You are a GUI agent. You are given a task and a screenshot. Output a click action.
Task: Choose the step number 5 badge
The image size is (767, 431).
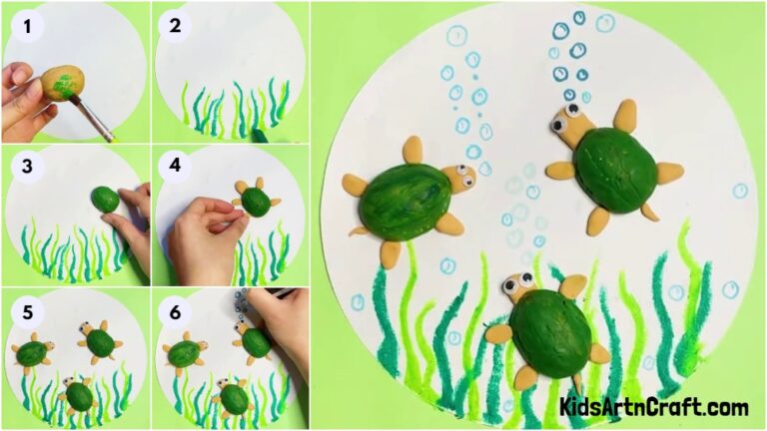click(x=28, y=309)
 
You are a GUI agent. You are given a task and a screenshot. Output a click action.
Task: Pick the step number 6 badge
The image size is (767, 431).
click(x=176, y=309)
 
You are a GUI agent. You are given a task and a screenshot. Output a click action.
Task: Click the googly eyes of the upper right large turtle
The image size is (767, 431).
click(x=573, y=112)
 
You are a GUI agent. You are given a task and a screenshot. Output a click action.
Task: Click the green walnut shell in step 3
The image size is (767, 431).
click(x=105, y=199)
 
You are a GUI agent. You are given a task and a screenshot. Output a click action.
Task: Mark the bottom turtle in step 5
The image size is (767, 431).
click(x=79, y=395)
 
